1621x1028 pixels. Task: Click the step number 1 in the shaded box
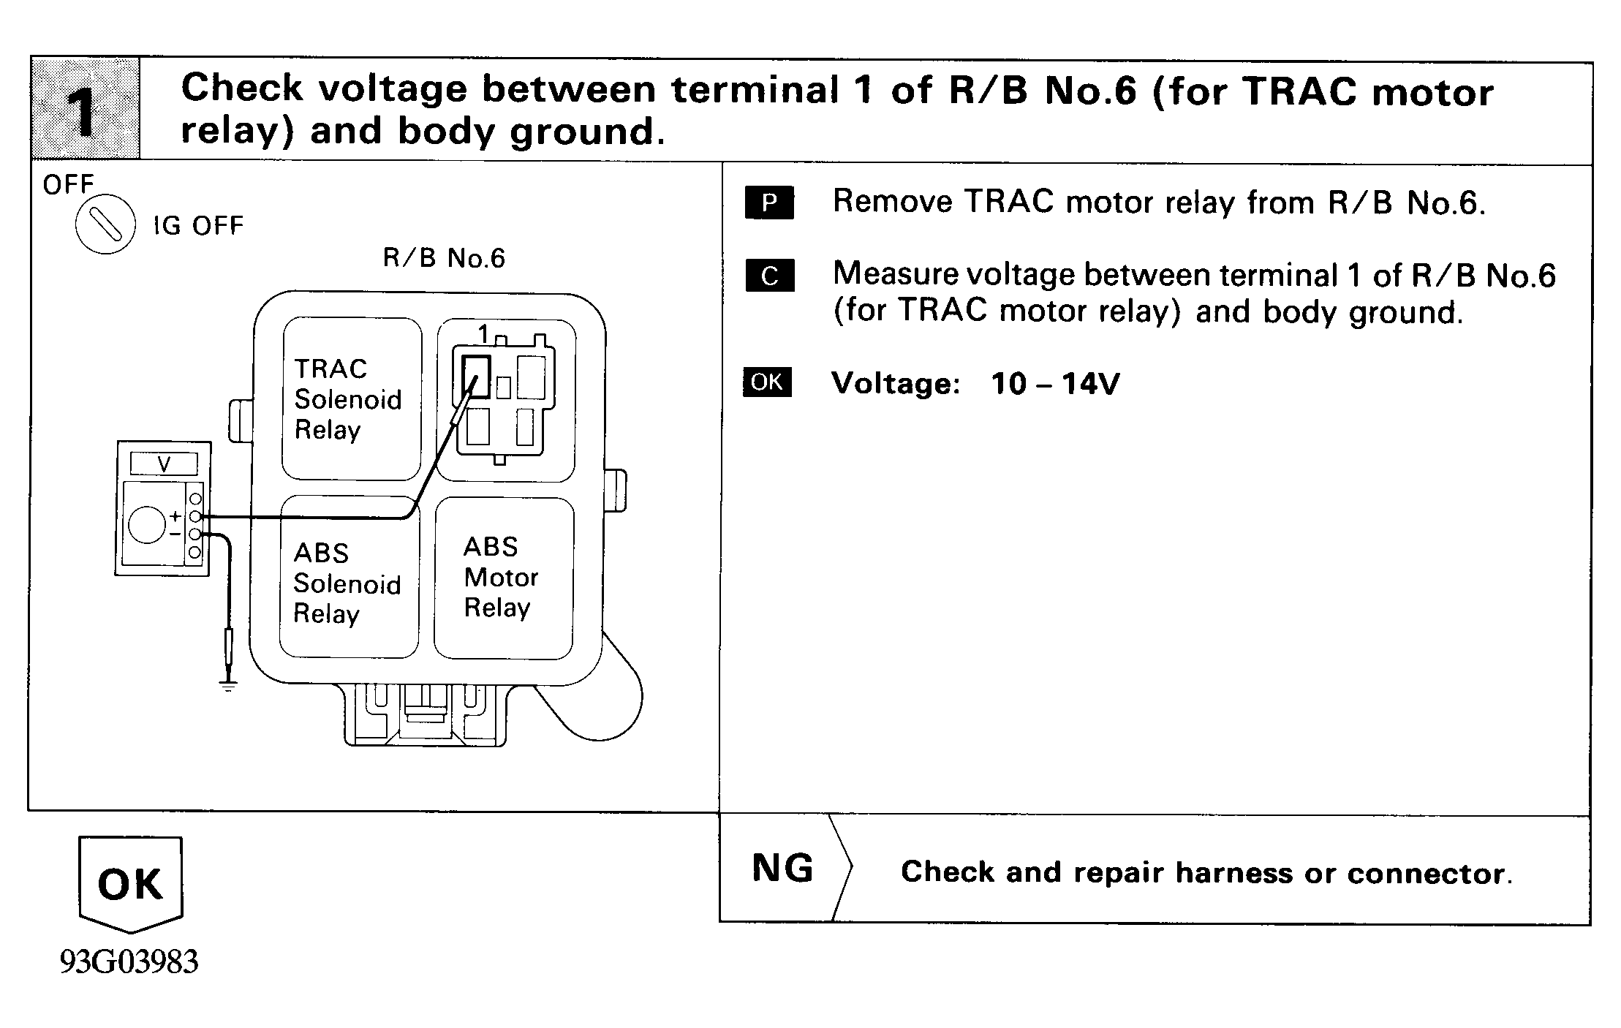[x=84, y=111]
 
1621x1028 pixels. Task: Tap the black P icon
[x=769, y=203]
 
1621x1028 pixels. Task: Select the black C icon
[x=770, y=276]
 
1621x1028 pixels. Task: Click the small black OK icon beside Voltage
[x=767, y=382]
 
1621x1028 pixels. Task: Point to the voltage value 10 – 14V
[x=1055, y=383]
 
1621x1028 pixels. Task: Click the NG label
[x=782, y=868]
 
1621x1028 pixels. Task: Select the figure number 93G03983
[x=129, y=961]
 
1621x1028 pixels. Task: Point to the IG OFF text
[x=198, y=225]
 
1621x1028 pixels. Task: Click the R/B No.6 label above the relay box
[x=444, y=258]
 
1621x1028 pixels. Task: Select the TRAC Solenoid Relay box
[x=352, y=399]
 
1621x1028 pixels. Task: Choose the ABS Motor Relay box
[x=504, y=578]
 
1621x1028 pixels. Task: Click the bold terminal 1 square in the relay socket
[x=476, y=377]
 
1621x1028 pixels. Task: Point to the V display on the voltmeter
[x=164, y=464]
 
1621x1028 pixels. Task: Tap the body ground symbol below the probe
[x=229, y=686]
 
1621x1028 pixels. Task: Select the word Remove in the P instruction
[x=892, y=202]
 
